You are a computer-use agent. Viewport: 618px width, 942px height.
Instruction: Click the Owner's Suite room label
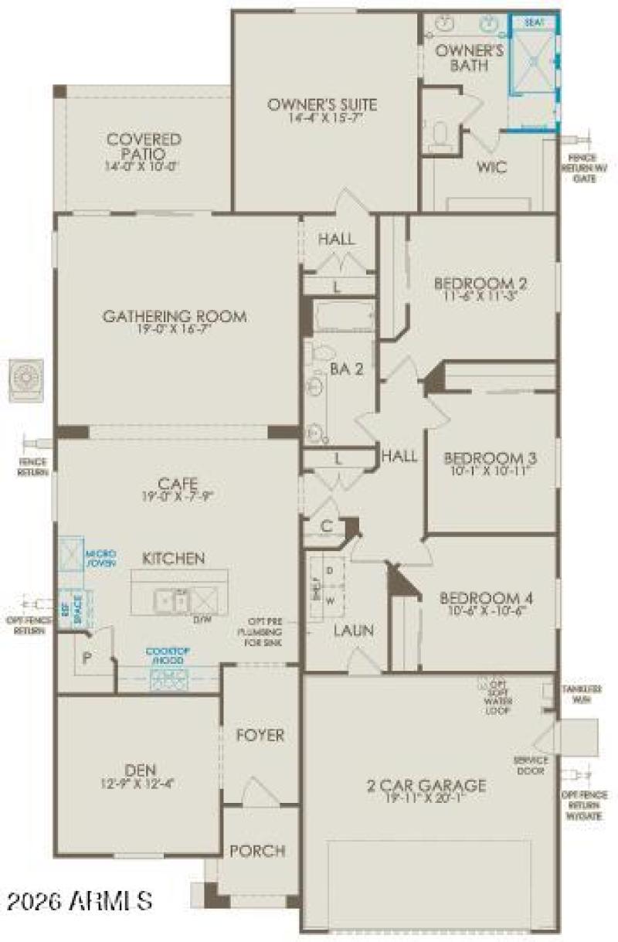322,104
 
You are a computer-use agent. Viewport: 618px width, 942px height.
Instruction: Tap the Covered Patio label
144,146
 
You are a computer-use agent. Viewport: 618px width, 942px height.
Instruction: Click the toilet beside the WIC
442,136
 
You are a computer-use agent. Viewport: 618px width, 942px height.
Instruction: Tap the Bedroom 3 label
490,457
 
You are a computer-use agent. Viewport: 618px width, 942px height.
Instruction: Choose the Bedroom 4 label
487,598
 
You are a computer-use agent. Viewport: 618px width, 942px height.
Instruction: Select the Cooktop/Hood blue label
168,656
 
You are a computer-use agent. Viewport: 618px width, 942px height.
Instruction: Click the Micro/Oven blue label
100,558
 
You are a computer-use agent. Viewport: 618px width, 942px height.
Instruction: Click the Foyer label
260,735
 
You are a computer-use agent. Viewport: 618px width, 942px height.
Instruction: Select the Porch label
257,851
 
